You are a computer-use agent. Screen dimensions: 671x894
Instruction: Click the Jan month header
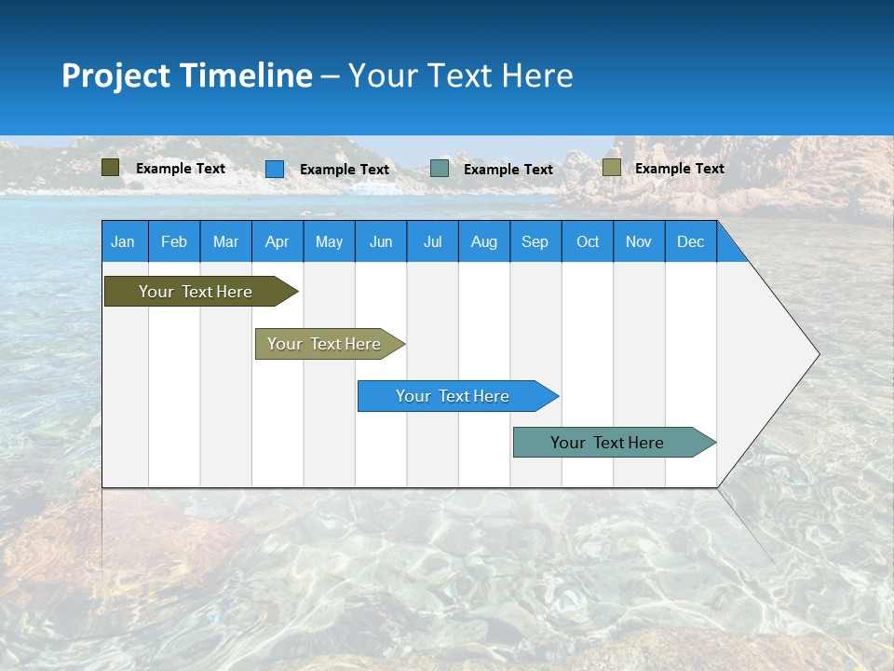pyautogui.click(x=124, y=241)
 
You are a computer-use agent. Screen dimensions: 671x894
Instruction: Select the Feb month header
pyautogui.click(x=174, y=241)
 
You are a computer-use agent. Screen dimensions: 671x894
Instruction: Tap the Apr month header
pyautogui.click(x=278, y=241)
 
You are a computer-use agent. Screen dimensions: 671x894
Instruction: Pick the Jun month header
pyautogui.click(x=381, y=241)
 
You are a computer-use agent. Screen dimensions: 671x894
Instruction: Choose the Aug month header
pyautogui.click(x=484, y=241)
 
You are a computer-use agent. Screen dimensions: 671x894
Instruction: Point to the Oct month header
pyautogui.click(x=588, y=241)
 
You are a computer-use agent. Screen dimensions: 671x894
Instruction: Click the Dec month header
pyautogui.click(x=691, y=241)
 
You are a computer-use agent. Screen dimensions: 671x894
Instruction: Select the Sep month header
pyautogui.click(x=535, y=241)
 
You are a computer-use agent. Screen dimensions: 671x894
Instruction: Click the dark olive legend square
pyautogui.click(x=111, y=168)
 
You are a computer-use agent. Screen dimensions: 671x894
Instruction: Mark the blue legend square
pyautogui.click(x=275, y=169)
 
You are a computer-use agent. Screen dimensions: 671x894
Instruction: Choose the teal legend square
pyautogui.click(x=440, y=169)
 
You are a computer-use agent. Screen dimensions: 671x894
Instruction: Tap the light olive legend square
pyautogui.click(x=611, y=168)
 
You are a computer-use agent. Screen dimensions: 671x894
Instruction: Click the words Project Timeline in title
pyautogui.click(x=187, y=75)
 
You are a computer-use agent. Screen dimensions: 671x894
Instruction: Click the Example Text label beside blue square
pyautogui.click(x=345, y=170)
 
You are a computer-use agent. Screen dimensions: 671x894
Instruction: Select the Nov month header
pyautogui.click(x=639, y=241)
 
